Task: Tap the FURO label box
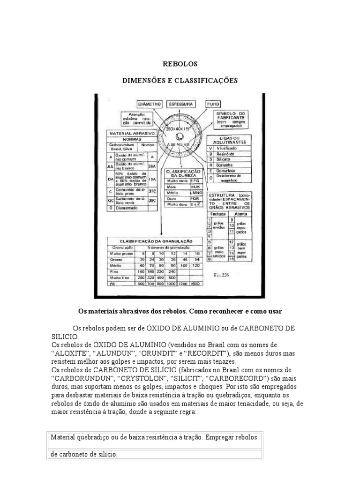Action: click(x=214, y=103)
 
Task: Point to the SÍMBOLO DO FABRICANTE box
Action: click(x=232, y=120)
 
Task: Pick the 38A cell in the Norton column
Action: click(x=151, y=165)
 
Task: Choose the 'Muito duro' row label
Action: click(x=175, y=205)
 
